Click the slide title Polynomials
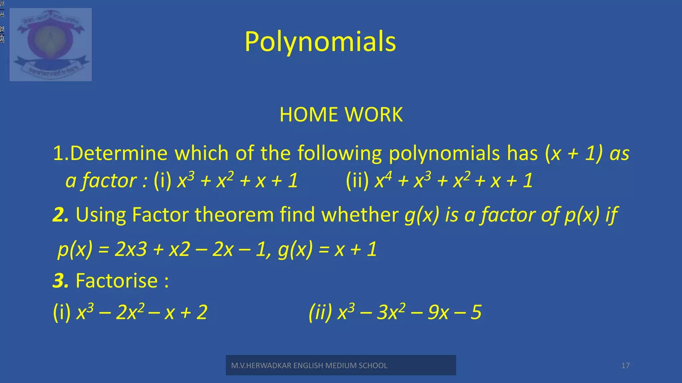click(x=320, y=42)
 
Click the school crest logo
click(x=51, y=45)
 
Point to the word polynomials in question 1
click(x=444, y=154)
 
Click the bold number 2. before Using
click(x=61, y=215)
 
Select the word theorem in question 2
click(x=234, y=215)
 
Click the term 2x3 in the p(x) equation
click(x=131, y=249)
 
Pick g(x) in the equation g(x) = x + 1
click(x=295, y=249)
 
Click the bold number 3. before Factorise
click(x=61, y=281)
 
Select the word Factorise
click(x=117, y=281)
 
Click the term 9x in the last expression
click(x=438, y=312)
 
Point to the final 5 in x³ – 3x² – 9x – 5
click(x=476, y=312)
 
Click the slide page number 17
click(x=625, y=366)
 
